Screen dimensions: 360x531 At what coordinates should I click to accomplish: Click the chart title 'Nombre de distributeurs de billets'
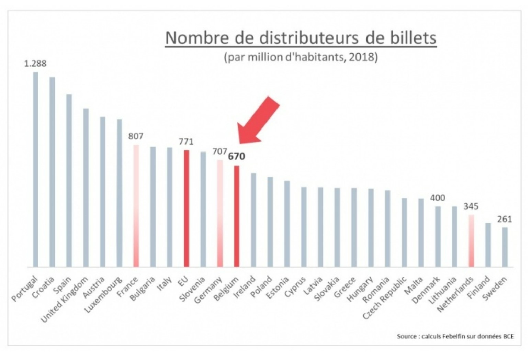click(301, 38)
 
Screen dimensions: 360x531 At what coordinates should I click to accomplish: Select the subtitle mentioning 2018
click(301, 57)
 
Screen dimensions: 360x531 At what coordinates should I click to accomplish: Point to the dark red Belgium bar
click(237, 216)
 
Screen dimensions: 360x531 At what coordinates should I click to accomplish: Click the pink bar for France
click(136, 206)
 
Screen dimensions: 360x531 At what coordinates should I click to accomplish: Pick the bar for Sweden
click(505, 247)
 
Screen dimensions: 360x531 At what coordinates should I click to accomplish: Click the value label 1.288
click(35, 64)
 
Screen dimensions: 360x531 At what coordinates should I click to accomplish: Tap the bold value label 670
click(237, 157)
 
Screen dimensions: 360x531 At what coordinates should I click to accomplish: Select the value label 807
click(136, 136)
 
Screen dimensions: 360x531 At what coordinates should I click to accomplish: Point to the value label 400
click(438, 198)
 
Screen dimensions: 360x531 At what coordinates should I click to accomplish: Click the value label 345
click(471, 207)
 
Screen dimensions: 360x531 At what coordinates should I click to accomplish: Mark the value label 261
click(505, 219)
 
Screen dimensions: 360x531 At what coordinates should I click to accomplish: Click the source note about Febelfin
click(455, 336)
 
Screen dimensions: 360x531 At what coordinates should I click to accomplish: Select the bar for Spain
click(69, 180)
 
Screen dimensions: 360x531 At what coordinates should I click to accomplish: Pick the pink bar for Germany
click(220, 213)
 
